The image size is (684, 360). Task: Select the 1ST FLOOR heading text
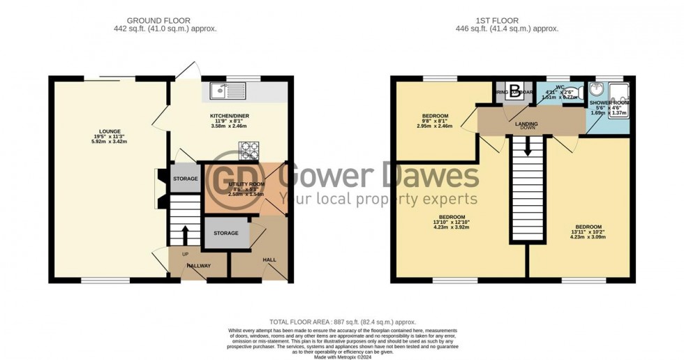click(513, 20)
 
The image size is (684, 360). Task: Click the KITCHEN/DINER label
click(230, 115)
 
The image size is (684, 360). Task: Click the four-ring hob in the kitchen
click(249, 148)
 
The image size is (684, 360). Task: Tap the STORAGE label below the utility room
click(226, 233)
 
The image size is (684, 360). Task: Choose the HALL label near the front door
click(269, 260)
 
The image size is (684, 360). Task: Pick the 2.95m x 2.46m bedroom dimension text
click(435, 127)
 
